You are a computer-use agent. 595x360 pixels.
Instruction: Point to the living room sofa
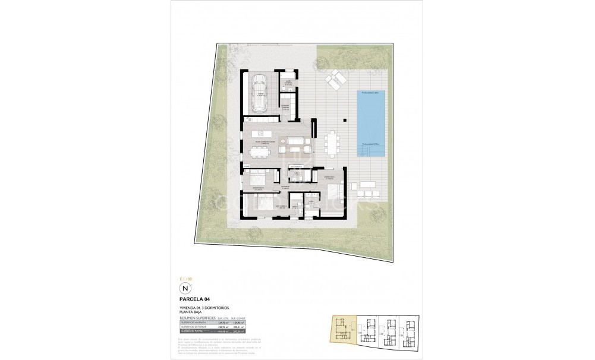pyautogui.click(x=295, y=141)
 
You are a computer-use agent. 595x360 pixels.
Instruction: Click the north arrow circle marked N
pyautogui.click(x=185, y=288)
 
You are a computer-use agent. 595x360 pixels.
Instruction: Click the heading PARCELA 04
pyautogui.click(x=194, y=299)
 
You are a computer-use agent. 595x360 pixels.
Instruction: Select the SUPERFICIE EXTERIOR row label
pyautogui.click(x=195, y=327)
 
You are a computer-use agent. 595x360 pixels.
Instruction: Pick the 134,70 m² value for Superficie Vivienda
pyautogui.click(x=224, y=323)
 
